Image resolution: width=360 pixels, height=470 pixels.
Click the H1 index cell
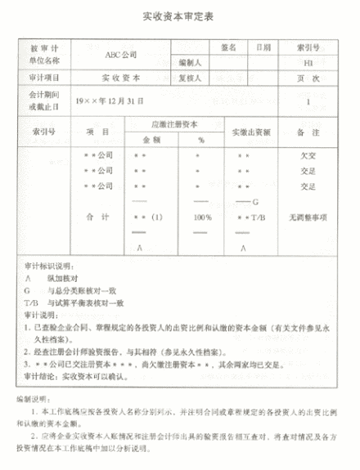tap(308, 62)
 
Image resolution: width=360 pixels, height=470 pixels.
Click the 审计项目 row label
tap(47, 79)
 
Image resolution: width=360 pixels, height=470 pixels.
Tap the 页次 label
tap(308, 79)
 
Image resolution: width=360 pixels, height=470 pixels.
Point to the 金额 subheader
tap(144, 139)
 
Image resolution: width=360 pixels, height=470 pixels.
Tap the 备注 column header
tap(308, 132)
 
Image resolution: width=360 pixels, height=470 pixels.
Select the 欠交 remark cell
tap(308, 154)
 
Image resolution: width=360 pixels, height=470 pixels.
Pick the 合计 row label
tap(97, 218)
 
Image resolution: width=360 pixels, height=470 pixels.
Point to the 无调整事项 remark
tap(308, 218)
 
